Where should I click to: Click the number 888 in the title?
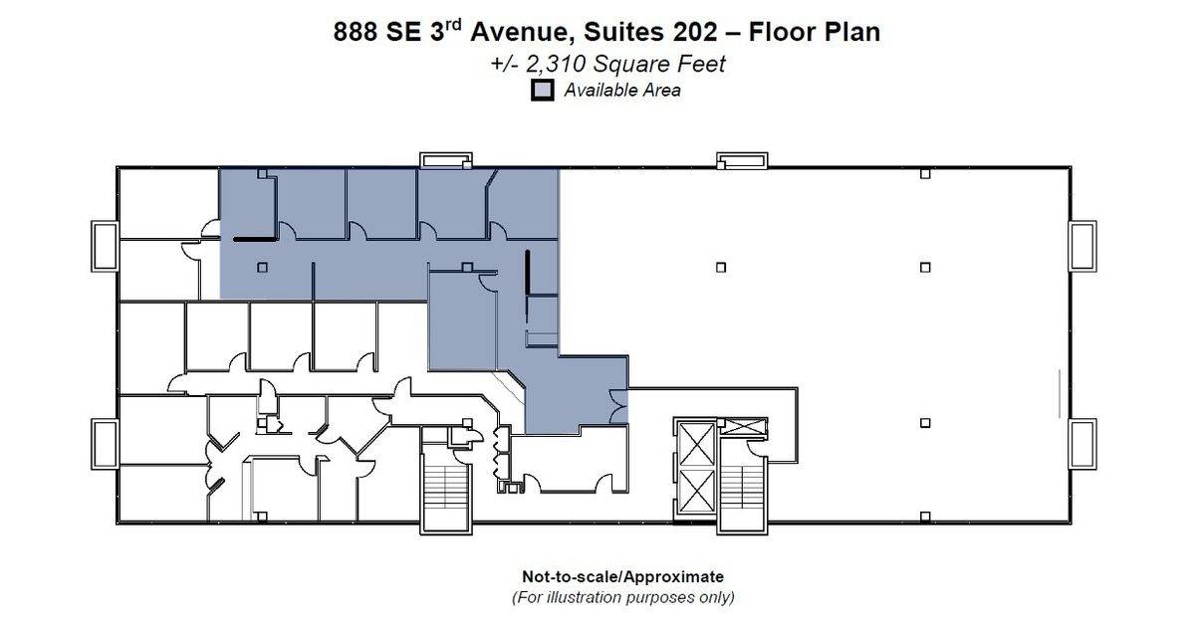(x=356, y=32)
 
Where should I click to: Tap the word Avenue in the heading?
(x=519, y=32)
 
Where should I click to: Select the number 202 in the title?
(x=695, y=32)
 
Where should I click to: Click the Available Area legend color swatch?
(x=542, y=91)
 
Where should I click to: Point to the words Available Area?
(x=622, y=91)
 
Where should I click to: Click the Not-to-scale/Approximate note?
(x=622, y=576)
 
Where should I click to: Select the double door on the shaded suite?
(x=618, y=406)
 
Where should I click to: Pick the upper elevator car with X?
(x=697, y=444)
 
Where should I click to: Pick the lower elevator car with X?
(x=697, y=491)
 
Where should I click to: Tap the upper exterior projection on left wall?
(x=106, y=247)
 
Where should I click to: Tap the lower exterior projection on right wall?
(x=1082, y=444)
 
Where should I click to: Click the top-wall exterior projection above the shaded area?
(x=445, y=160)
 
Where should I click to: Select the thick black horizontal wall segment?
(x=255, y=240)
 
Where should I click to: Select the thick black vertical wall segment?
(x=527, y=272)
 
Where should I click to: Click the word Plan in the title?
(x=853, y=32)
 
